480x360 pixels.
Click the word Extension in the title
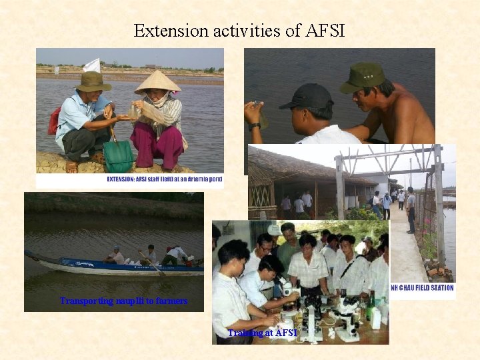point(161,31)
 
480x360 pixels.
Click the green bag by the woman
point(119,157)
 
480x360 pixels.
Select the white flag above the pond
point(93,65)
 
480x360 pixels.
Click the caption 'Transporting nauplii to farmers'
point(123,301)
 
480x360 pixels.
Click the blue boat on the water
point(113,267)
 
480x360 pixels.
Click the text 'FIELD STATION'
point(431,288)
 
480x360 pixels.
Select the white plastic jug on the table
point(376,319)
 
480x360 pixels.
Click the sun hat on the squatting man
point(93,82)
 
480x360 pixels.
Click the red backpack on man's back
point(54,121)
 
